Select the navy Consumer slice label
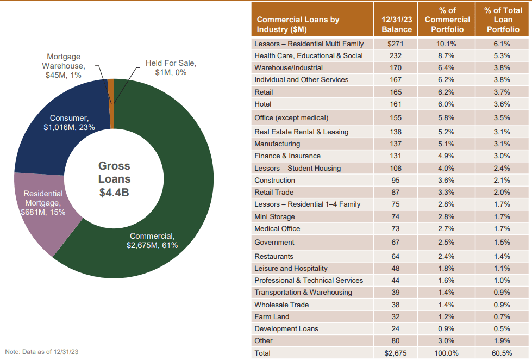point(69,122)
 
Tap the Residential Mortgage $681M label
point(43,202)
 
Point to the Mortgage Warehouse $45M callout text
point(64,66)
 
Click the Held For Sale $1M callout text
point(170,68)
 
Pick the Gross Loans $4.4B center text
point(114,179)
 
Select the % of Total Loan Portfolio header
point(503,20)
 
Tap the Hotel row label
point(262,104)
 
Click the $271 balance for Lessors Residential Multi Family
point(396,44)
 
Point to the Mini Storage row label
point(274,216)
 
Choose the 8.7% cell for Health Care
point(447,55)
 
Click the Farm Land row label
point(272,316)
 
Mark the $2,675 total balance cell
point(396,353)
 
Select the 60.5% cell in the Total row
point(502,353)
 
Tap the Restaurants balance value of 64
point(396,256)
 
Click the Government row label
point(274,242)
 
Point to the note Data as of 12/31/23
point(42,351)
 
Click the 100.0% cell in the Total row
point(447,353)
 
